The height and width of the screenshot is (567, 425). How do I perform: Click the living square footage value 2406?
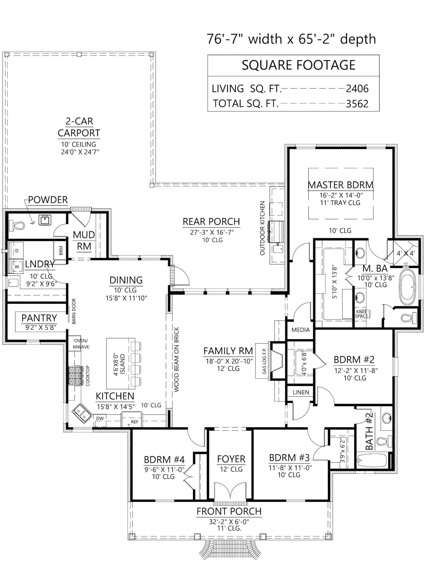click(x=357, y=89)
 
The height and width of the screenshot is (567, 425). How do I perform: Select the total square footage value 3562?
click(x=357, y=104)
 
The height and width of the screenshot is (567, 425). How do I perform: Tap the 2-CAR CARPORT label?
click(x=79, y=127)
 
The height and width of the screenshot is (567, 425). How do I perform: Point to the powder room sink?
click(x=45, y=220)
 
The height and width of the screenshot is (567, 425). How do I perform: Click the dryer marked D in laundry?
click(x=17, y=251)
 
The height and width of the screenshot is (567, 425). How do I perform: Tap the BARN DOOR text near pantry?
click(x=74, y=311)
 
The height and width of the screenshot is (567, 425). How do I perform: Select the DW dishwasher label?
click(x=100, y=418)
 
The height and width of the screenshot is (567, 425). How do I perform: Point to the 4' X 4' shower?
click(x=405, y=252)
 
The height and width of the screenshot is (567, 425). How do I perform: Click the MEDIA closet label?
click(x=300, y=330)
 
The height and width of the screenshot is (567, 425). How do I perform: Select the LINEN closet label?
click(x=301, y=392)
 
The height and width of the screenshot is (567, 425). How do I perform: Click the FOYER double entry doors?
click(x=230, y=491)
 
